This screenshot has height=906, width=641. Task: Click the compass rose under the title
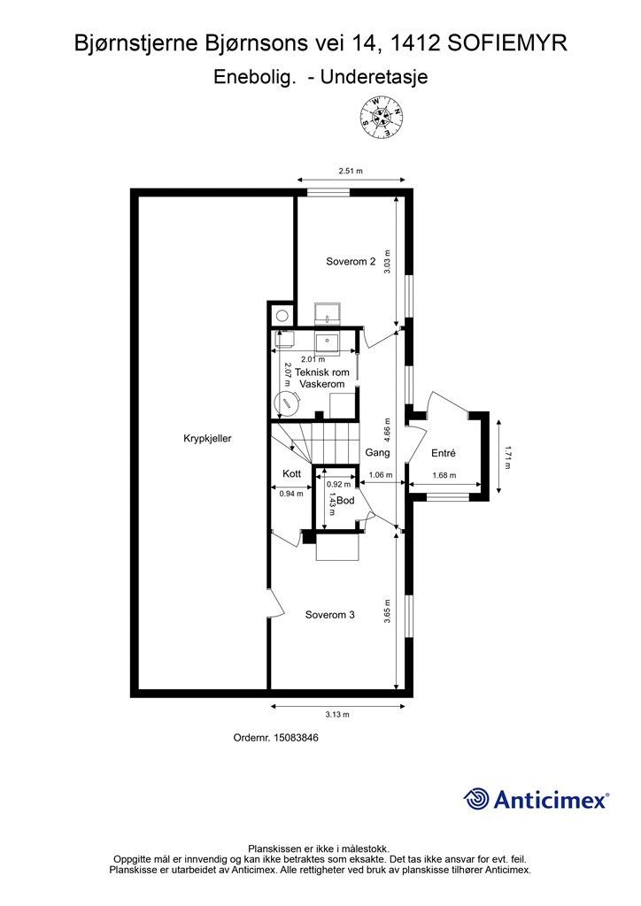tap(382, 118)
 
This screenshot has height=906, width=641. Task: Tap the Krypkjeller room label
tap(207, 439)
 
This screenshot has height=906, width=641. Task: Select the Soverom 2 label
tap(351, 262)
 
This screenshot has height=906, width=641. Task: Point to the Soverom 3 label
tap(330, 615)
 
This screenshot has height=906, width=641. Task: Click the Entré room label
tap(444, 454)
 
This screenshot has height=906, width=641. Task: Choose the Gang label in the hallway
tap(377, 452)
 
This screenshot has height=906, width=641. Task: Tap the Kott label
tap(292, 474)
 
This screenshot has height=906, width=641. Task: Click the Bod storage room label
tap(345, 501)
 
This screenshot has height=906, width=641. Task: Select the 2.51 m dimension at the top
tap(351, 171)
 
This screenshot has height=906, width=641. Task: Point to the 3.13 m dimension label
tap(337, 715)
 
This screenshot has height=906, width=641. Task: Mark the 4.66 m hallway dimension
tap(387, 429)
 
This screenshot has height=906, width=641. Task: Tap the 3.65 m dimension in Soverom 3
tap(387, 611)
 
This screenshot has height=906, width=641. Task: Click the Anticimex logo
tap(536, 799)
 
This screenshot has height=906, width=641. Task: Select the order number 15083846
tap(296, 738)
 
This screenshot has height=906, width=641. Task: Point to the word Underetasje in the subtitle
tap(374, 77)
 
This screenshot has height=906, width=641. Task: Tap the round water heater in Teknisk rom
tap(287, 403)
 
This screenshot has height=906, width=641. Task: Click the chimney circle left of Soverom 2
tap(282, 316)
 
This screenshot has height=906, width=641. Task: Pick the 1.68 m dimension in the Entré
tap(444, 476)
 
